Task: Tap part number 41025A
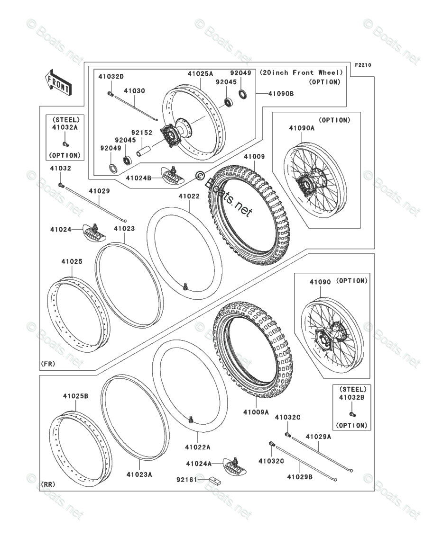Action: pyautogui.click(x=200, y=74)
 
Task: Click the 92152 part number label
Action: pyautogui.click(x=142, y=133)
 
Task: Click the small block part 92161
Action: pyautogui.click(x=215, y=481)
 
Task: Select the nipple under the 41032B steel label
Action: pyautogui.click(x=352, y=414)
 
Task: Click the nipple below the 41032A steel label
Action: pyautogui.click(x=66, y=144)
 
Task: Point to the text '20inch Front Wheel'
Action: pyautogui.click(x=301, y=72)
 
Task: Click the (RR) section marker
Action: pyautogui.click(x=48, y=484)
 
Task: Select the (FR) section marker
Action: pyautogui.click(x=48, y=364)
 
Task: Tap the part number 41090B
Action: pyautogui.click(x=281, y=94)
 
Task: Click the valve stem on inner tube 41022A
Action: pyautogui.click(x=191, y=419)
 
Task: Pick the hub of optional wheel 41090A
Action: pyautogui.click(x=304, y=182)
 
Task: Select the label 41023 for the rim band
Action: pyautogui.click(x=124, y=228)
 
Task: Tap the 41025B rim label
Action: pyautogui.click(x=75, y=396)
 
